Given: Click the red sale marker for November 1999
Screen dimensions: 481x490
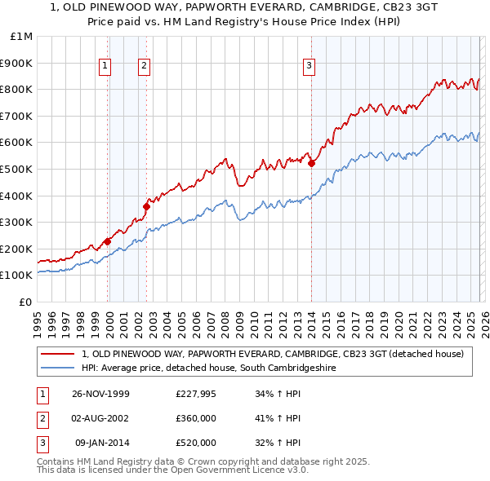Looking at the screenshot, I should click(x=108, y=241).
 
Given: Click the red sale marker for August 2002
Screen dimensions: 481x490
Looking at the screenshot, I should click(x=146, y=206).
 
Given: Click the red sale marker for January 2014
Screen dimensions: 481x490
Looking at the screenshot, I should click(x=311, y=163).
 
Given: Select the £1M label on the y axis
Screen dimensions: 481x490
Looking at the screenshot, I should click(x=22, y=36).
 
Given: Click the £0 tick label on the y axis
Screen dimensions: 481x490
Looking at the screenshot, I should click(x=26, y=302).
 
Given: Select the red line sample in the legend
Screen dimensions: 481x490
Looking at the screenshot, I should click(x=58, y=354).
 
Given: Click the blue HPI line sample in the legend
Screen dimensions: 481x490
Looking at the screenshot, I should click(x=58, y=368).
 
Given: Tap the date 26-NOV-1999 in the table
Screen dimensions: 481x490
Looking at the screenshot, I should click(x=100, y=394).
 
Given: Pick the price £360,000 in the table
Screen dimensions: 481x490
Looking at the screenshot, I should click(x=195, y=418).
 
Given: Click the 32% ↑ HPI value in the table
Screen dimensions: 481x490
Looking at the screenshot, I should click(x=278, y=443).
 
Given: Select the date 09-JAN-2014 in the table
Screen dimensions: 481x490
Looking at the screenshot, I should click(x=100, y=443).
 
